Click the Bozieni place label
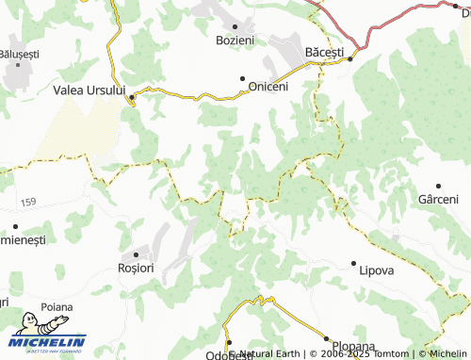(235, 41)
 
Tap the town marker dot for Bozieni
(235, 26)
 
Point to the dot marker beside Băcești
(350, 59)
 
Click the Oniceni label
(268, 86)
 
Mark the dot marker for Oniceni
(243, 79)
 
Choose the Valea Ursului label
(89, 90)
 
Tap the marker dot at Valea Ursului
(132, 96)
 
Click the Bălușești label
(19, 55)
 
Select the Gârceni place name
(437, 199)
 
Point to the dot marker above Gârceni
(437, 187)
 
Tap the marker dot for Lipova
(353, 263)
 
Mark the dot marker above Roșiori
(136, 254)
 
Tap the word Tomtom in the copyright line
(388, 354)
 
